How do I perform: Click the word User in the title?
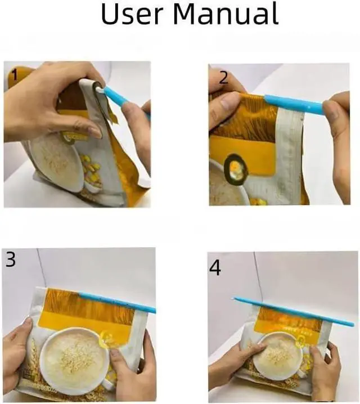(133, 14)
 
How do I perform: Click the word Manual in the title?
(226, 14)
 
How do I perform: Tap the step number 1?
(13, 76)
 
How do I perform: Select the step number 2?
(223, 78)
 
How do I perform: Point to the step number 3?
(11, 259)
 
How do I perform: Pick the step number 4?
(215, 268)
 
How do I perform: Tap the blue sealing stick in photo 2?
(294, 104)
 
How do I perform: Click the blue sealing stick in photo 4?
(294, 311)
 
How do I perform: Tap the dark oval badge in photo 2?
(235, 169)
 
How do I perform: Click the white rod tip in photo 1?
(100, 90)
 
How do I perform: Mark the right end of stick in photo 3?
(155, 311)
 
